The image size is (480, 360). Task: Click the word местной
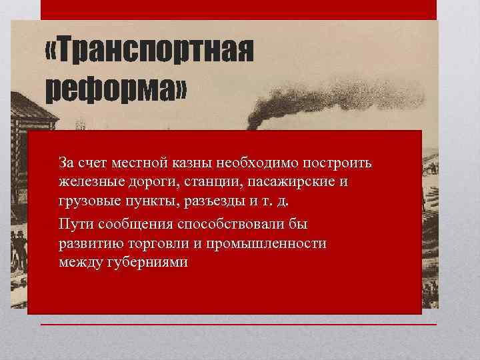[x=129, y=163]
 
